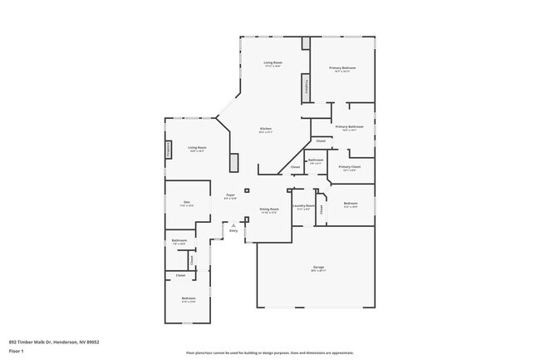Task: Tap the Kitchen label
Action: tap(266, 129)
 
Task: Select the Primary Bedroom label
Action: tap(342, 68)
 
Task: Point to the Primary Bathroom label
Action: tap(350, 127)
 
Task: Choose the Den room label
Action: tap(187, 202)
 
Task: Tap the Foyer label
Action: tap(230, 195)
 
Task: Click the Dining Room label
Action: tap(269, 210)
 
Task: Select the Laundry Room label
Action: tap(304, 205)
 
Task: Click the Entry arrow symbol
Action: tap(233, 224)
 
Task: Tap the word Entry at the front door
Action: tap(233, 230)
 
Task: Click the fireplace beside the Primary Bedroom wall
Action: tap(306, 86)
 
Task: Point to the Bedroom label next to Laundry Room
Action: tap(351, 203)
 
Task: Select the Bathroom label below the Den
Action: tap(179, 240)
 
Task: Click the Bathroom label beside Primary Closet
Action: tap(316, 160)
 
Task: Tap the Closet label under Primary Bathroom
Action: tap(321, 141)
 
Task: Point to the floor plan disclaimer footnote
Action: tap(269, 353)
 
